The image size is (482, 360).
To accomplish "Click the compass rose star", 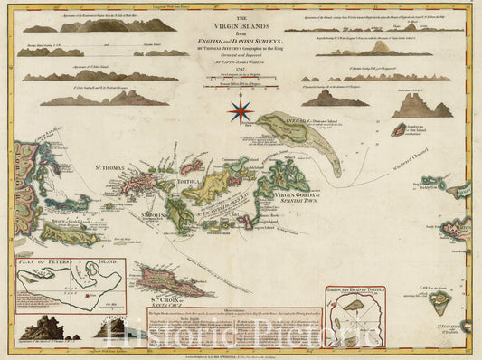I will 241,110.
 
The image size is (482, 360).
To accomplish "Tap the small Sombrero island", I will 397,129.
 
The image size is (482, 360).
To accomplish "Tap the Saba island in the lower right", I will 440,301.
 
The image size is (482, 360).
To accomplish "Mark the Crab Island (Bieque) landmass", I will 68,234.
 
